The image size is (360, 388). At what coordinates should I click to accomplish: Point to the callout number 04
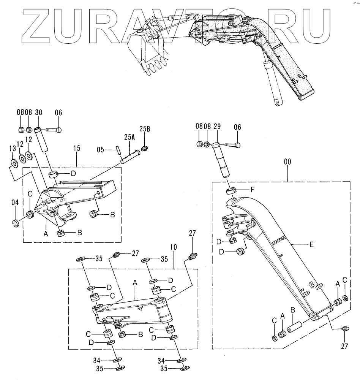tap(14, 202)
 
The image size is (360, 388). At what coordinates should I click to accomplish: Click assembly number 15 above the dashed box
tap(77, 148)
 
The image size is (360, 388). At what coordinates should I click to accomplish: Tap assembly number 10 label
tap(174, 247)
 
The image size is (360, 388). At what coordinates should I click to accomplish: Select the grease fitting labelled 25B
tap(144, 148)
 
